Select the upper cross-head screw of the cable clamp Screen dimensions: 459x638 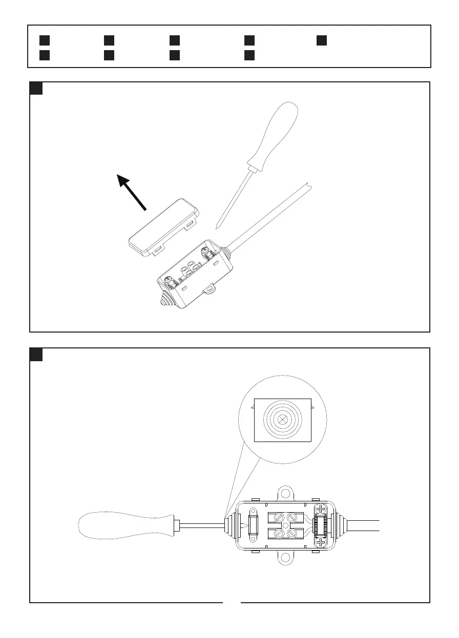[x=320, y=510]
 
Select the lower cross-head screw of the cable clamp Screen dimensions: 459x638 [x=320, y=543]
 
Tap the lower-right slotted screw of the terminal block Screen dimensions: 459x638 [x=294, y=534]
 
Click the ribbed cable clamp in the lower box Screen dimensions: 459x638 [x=320, y=526]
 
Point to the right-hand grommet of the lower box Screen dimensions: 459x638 [x=341, y=526]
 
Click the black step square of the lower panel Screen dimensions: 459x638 [x=36, y=355]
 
